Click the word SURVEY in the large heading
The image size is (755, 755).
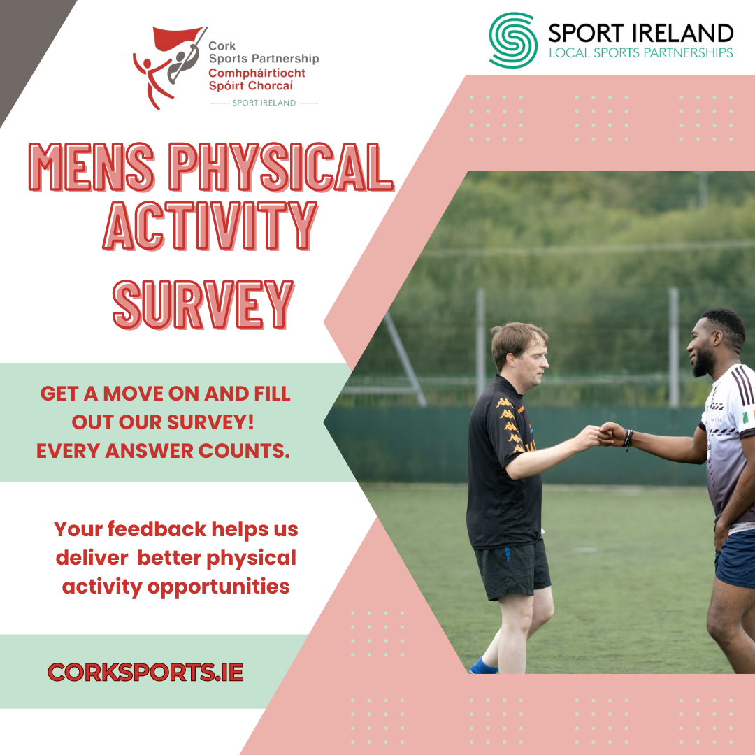coord(203,305)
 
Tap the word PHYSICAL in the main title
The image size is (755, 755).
coord(281,166)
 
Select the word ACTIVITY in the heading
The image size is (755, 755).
coord(210,225)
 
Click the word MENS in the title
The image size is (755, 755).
coord(92,166)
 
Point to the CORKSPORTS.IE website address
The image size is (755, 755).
coord(145,673)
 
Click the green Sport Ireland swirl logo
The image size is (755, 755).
coord(513,40)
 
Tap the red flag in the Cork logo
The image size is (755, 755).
coord(177,38)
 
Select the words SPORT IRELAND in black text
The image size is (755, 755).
coord(640,34)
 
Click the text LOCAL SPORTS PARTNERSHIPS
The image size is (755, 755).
coord(641,52)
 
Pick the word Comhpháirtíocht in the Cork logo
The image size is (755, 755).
coord(257,73)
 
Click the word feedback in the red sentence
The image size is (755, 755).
coord(157,528)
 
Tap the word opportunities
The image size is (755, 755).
coord(218,587)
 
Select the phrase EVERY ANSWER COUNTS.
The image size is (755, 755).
coord(163,451)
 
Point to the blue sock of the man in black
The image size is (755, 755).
coord(484,666)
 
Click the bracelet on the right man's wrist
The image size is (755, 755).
coord(627,438)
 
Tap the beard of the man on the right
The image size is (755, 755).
coord(703,361)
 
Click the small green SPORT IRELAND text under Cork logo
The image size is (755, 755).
coord(264,103)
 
